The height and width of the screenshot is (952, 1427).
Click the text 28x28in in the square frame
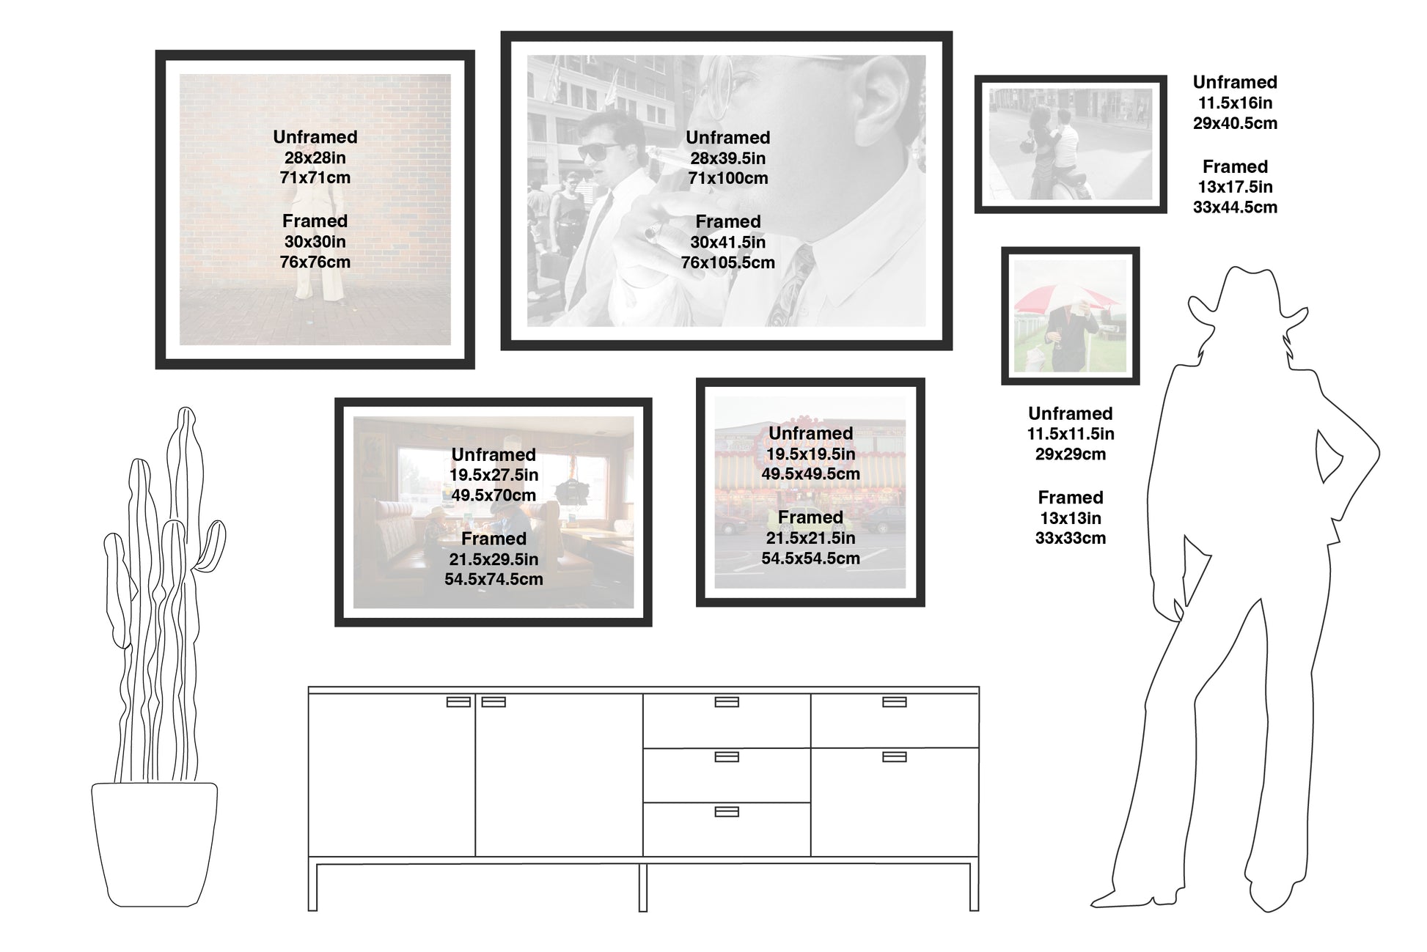[x=315, y=158]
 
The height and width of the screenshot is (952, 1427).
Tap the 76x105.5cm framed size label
[x=727, y=262]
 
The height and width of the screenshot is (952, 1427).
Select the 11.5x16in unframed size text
[x=1235, y=103]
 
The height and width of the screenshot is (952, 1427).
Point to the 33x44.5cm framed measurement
[x=1235, y=207]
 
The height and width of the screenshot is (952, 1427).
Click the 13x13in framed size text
[x=1070, y=518]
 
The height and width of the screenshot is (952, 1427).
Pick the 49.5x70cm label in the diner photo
[x=494, y=495]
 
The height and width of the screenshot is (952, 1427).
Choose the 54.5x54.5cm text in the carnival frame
[x=810, y=558]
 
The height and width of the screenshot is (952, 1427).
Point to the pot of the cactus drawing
[x=155, y=844]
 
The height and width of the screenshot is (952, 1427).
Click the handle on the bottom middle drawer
[x=727, y=811]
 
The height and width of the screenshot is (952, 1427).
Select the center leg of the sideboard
[x=642, y=888]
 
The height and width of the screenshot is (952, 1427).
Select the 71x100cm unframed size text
[x=727, y=178]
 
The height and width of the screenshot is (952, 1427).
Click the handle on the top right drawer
[x=895, y=702]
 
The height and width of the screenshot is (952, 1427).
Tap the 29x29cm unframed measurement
[x=1070, y=454]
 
